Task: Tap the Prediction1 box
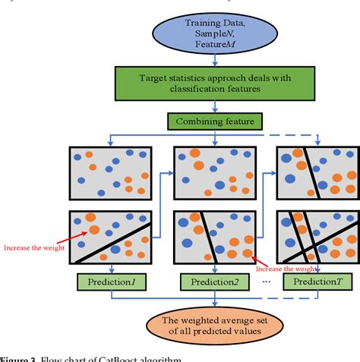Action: [112, 282]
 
